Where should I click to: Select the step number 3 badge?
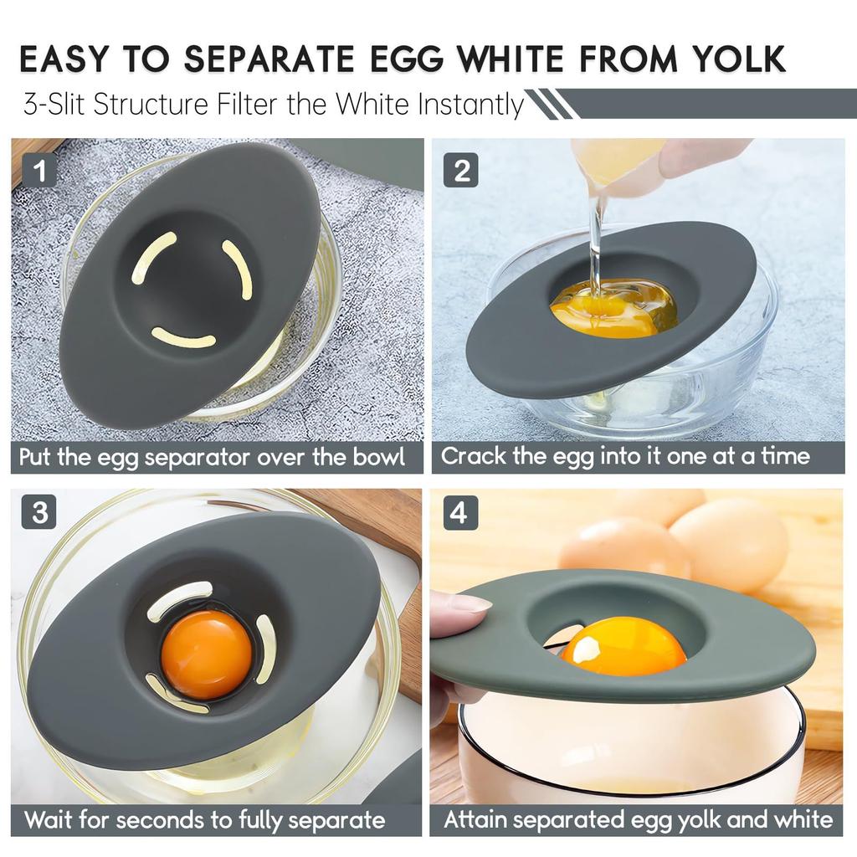pyautogui.click(x=39, y=511)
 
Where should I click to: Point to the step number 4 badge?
pyautogui.click(x=459, y=512)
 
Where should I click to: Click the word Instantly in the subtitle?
pyautogui.click(x=471, y=106)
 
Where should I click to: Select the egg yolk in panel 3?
pyautogui.click(x=206, y=654)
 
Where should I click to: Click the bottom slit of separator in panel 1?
pyautogui.click(x=183, y=338)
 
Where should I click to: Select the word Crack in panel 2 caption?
pyautogui.click(x=472, y=457)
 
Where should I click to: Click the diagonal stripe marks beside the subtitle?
pyautogui.click(x=549, y=105)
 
